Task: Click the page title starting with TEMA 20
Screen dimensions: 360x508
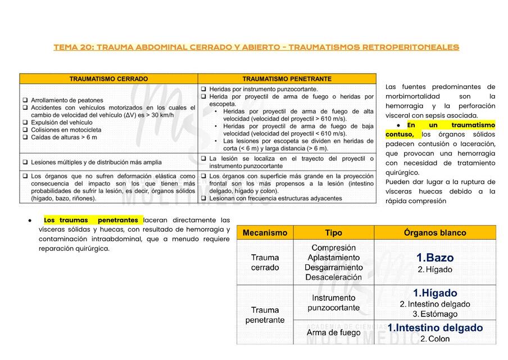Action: (256, 47)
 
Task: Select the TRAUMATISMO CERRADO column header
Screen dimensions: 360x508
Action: (108, 79)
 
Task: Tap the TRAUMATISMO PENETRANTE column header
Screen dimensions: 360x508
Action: (287, 79)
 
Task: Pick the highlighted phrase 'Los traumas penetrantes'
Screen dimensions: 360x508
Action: (91, 220)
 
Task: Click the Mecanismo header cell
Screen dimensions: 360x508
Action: (265, 233)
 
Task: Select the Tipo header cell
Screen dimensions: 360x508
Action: (333, 233)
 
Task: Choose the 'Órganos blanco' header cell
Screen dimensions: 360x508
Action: (435, 233)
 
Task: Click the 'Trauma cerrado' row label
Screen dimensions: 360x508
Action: (265, 263)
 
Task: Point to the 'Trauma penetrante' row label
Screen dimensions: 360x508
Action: (265, 315)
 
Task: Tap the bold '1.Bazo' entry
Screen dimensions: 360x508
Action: (434, 258)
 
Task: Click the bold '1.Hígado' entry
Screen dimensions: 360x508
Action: (434, 293)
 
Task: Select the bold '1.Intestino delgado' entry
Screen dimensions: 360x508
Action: (435, 327)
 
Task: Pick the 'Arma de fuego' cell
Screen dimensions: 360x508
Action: (333, 332)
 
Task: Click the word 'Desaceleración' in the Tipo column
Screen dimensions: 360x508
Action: (333, 277)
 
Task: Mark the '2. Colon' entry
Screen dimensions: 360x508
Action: (435, 339)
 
